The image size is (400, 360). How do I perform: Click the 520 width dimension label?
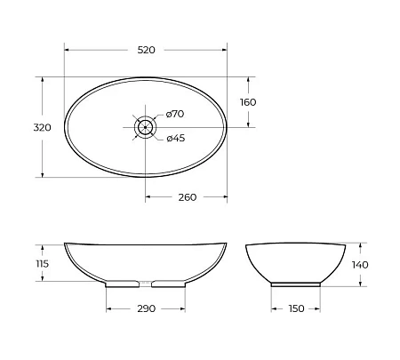(x=147, y=51)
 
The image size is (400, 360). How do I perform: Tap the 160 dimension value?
(x=248, y=102)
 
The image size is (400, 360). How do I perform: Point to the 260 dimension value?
(x=188, y=196)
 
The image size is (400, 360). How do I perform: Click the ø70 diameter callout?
(x=175, y=114)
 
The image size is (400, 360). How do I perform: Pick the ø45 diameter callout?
(x=175, y=137)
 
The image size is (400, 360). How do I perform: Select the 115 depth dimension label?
(x=41, y=263)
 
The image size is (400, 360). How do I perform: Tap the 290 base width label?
(x=147, y=308)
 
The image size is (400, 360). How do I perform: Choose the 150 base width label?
(x=296, y=308)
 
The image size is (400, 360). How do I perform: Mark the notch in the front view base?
(x=146, y=283)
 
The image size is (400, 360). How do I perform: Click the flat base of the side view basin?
(x=296, y=284)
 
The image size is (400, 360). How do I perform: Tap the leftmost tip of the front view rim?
(x=65, y=243)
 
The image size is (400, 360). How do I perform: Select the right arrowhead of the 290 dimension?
(x=183, y=308)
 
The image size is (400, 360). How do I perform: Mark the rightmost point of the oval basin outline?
(x=227, y=127)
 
